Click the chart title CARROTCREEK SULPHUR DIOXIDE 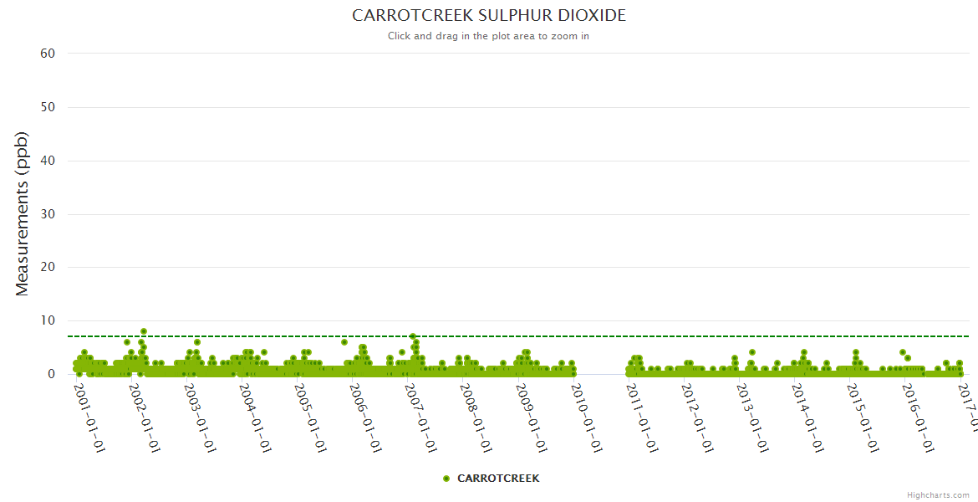pos(488,16)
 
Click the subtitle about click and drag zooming pos(488,36)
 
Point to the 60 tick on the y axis pos(48,54)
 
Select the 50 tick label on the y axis pos(48,107)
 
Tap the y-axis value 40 pos(48,161)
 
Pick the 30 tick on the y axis pos(48,214)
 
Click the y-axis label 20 pos(48,268)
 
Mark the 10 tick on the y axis pos(48,321)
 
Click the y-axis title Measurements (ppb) pos(23,213)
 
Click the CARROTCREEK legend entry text pos(498,479)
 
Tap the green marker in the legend pos(446,479)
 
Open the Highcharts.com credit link pos(938,495)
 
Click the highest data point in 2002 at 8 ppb pos(144,331)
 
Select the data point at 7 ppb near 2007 pos(412,336)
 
